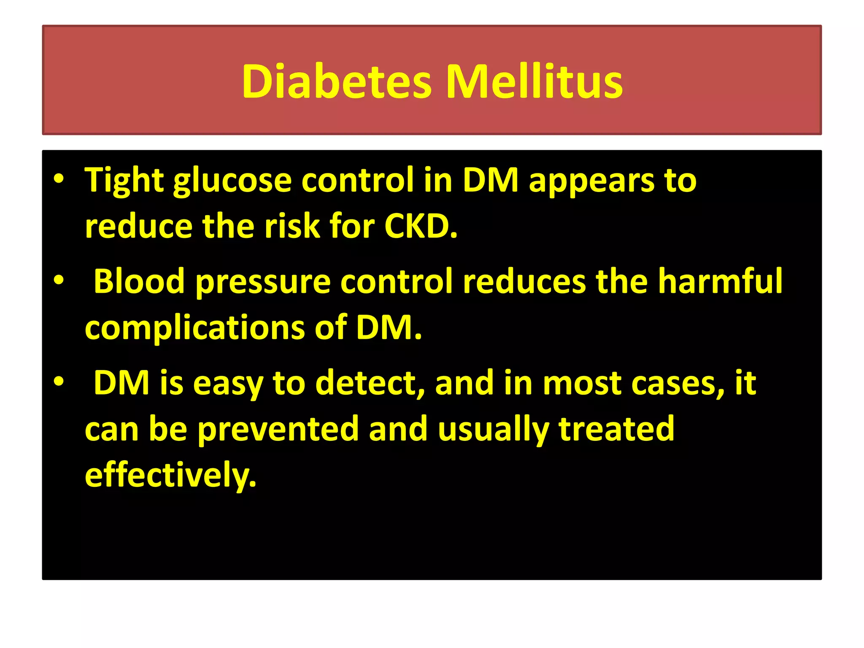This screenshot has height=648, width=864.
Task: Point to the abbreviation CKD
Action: click(x=421, y=227)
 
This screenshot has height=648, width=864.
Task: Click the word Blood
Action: click(x=139, y=281)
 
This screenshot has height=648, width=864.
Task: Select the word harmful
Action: click(x=720, y=281)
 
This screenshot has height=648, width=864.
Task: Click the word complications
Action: click(x=194, y=328)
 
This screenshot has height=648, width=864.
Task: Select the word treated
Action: click(x=616, y=429)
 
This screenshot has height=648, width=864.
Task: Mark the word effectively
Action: click(x=170, y=475)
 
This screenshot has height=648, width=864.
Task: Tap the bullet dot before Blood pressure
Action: click(x=59, y=280)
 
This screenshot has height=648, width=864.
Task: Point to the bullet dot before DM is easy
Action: click(x=59, y=381)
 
